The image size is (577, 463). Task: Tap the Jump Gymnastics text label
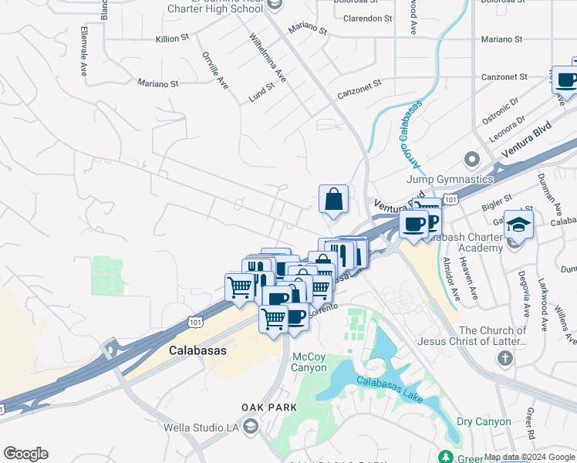pos(447,179)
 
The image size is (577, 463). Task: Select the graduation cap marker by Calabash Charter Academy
pos(519,225)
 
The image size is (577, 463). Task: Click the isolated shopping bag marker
pos(333,199)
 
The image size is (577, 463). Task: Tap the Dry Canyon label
pos(484,421)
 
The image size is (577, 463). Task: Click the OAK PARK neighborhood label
pos(268,407)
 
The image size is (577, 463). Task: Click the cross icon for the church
pos(504,358)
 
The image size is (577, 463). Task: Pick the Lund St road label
pos(262,93)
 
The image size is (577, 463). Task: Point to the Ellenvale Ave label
pos(83,52)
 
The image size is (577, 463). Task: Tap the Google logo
pos(25,454)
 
